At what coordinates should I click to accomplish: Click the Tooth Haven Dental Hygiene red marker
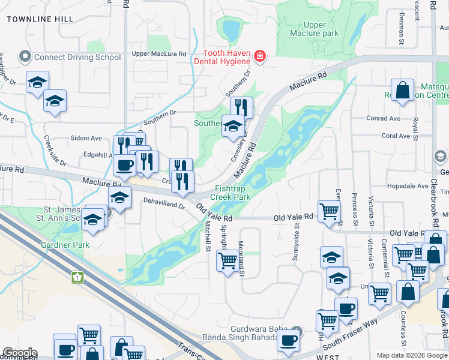coord(260,57)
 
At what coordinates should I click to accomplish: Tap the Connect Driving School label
coord(70,58)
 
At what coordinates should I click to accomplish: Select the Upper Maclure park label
coord(313,29)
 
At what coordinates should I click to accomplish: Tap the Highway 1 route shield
coord(77,277)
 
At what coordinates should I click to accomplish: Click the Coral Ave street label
coord(396,136)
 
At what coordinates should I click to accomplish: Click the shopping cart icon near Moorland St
coord(227,261)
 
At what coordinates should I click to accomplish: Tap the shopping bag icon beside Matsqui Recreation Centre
coord(403,90)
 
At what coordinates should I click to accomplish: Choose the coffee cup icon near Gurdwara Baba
coord(288,340)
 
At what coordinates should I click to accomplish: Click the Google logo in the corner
coord(20,353)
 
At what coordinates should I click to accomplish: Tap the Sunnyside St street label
coord(297,234)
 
